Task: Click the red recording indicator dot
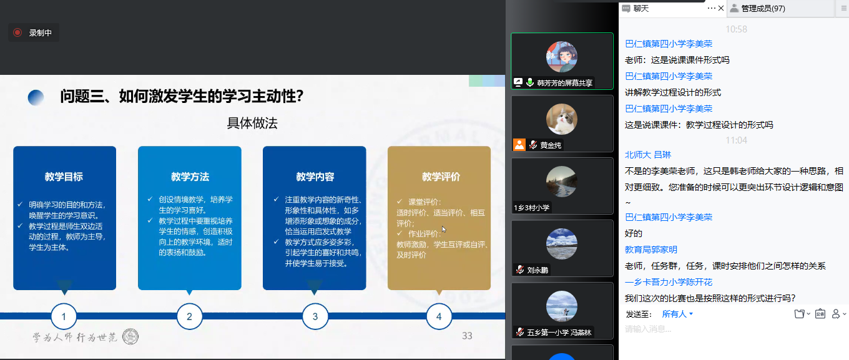tap(17, 32)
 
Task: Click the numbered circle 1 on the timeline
tap(64, 316)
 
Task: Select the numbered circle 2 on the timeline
tap(190, 316)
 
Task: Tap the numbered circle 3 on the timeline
tap(315, 316)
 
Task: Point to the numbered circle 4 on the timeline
tap(439, 316)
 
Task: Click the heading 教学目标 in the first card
tap(64, 177)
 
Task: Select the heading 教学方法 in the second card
tap(190, 177)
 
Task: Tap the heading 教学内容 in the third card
tap(315, 177)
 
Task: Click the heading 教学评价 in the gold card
tap(441, 177)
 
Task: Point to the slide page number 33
tap(467, 336)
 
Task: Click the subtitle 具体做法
tap(252, 123)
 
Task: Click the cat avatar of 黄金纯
tap(562, 119)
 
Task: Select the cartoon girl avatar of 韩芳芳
tap(562, 57)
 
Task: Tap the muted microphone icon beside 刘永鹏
tap(520, 270)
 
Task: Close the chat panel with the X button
tap(721, 8)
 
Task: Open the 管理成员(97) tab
tap(763, 8)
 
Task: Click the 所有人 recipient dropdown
tap(677, 314)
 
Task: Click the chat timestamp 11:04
tap(736, 140)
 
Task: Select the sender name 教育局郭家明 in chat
tap(650, 250)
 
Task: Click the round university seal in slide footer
tap(130, 336)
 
